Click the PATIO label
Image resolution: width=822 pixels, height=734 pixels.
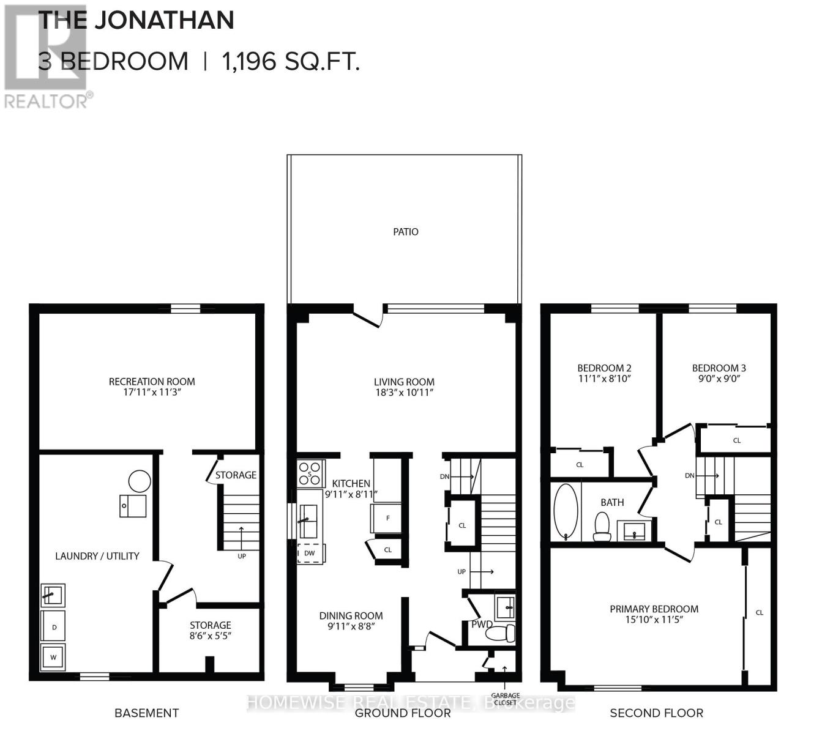(406, 232)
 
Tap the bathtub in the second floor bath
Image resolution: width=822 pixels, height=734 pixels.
(566, 512)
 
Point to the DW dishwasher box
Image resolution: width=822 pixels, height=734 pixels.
(310, 553)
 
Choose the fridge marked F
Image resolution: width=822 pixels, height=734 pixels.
(387, 518)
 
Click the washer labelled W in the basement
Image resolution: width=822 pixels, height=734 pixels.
(53, 658)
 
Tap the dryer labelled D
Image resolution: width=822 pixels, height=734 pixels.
(53, 628)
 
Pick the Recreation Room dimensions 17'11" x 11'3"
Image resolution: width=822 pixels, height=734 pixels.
(152, 392)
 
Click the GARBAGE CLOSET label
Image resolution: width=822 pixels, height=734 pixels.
(505, 699)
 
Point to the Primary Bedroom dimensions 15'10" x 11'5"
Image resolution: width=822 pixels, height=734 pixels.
(654, 620)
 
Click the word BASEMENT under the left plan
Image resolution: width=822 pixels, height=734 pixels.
(147, 713)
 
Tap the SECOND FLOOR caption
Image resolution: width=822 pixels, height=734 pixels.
(656, 713)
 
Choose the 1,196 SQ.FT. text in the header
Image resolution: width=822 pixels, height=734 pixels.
(291, 61)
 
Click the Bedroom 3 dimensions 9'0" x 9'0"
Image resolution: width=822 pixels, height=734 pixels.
(719, 379)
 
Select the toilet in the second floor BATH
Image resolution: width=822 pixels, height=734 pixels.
(602, 527)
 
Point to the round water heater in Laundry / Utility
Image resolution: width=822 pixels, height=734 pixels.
(139, 482)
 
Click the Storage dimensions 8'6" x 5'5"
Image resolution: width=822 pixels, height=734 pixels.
(210, 636)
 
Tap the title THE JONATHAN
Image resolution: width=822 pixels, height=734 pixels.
(136, 20)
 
